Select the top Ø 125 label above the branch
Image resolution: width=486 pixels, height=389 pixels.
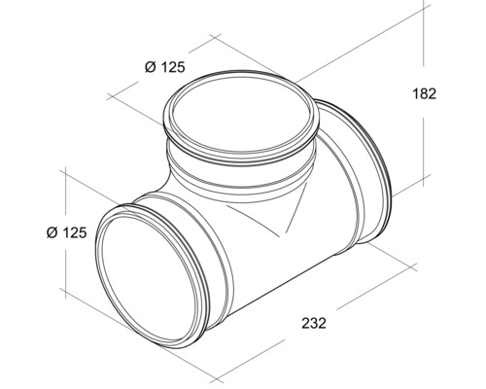162,67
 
